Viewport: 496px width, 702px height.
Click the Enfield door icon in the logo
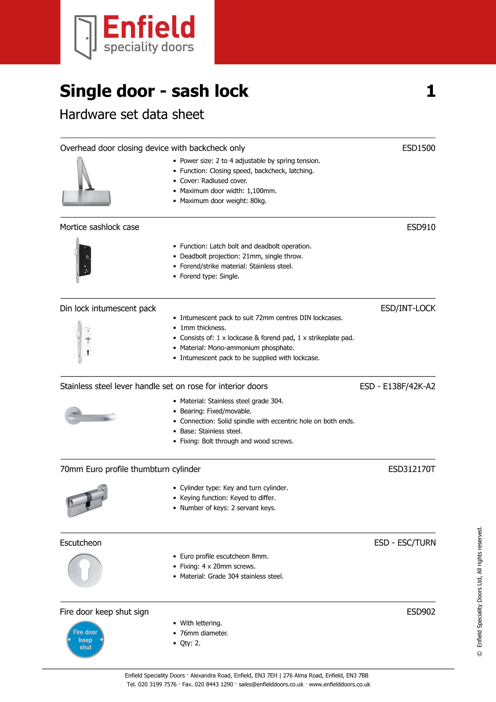(85, 37)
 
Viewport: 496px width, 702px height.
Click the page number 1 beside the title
(431, 91)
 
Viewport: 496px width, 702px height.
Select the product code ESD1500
(418, 148)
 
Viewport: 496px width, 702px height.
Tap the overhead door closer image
(86, 182)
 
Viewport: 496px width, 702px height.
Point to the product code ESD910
(421, 227)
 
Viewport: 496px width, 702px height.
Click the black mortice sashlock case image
(83, 260)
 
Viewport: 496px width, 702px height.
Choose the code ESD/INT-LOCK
(408, 308)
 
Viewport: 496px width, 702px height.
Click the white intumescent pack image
(83, 342)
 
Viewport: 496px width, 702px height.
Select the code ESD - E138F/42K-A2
(397, 386)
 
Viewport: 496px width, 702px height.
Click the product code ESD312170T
(411, 469)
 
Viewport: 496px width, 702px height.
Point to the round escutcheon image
(85, 570)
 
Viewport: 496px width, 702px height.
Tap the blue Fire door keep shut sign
(85, 639)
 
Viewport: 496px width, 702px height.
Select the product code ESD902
(421, 612)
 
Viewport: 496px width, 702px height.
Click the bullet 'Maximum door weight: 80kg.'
(223, 201)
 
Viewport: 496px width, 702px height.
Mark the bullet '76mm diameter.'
(204, 633)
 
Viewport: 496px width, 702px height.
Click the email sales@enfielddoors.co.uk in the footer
(271, 684)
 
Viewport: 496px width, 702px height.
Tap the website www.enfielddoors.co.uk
(339, 684)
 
